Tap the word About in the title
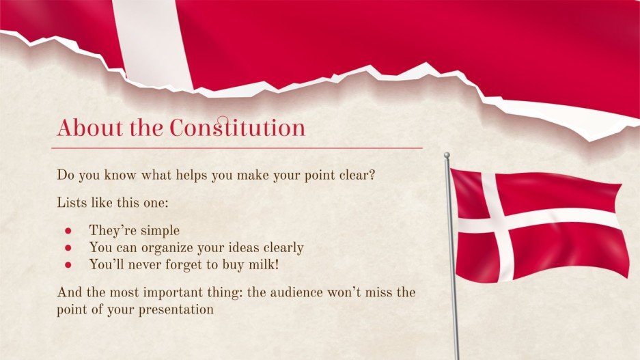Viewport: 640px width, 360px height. [x=85, y=128]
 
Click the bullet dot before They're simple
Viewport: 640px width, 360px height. [x=68, y=230]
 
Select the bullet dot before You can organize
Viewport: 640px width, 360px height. [x=68, y=247]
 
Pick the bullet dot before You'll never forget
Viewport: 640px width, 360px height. [x=68, y=264]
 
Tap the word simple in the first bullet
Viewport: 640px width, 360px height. [x=158, y=230]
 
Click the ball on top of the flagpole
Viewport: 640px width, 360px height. [x=447, y=156]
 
